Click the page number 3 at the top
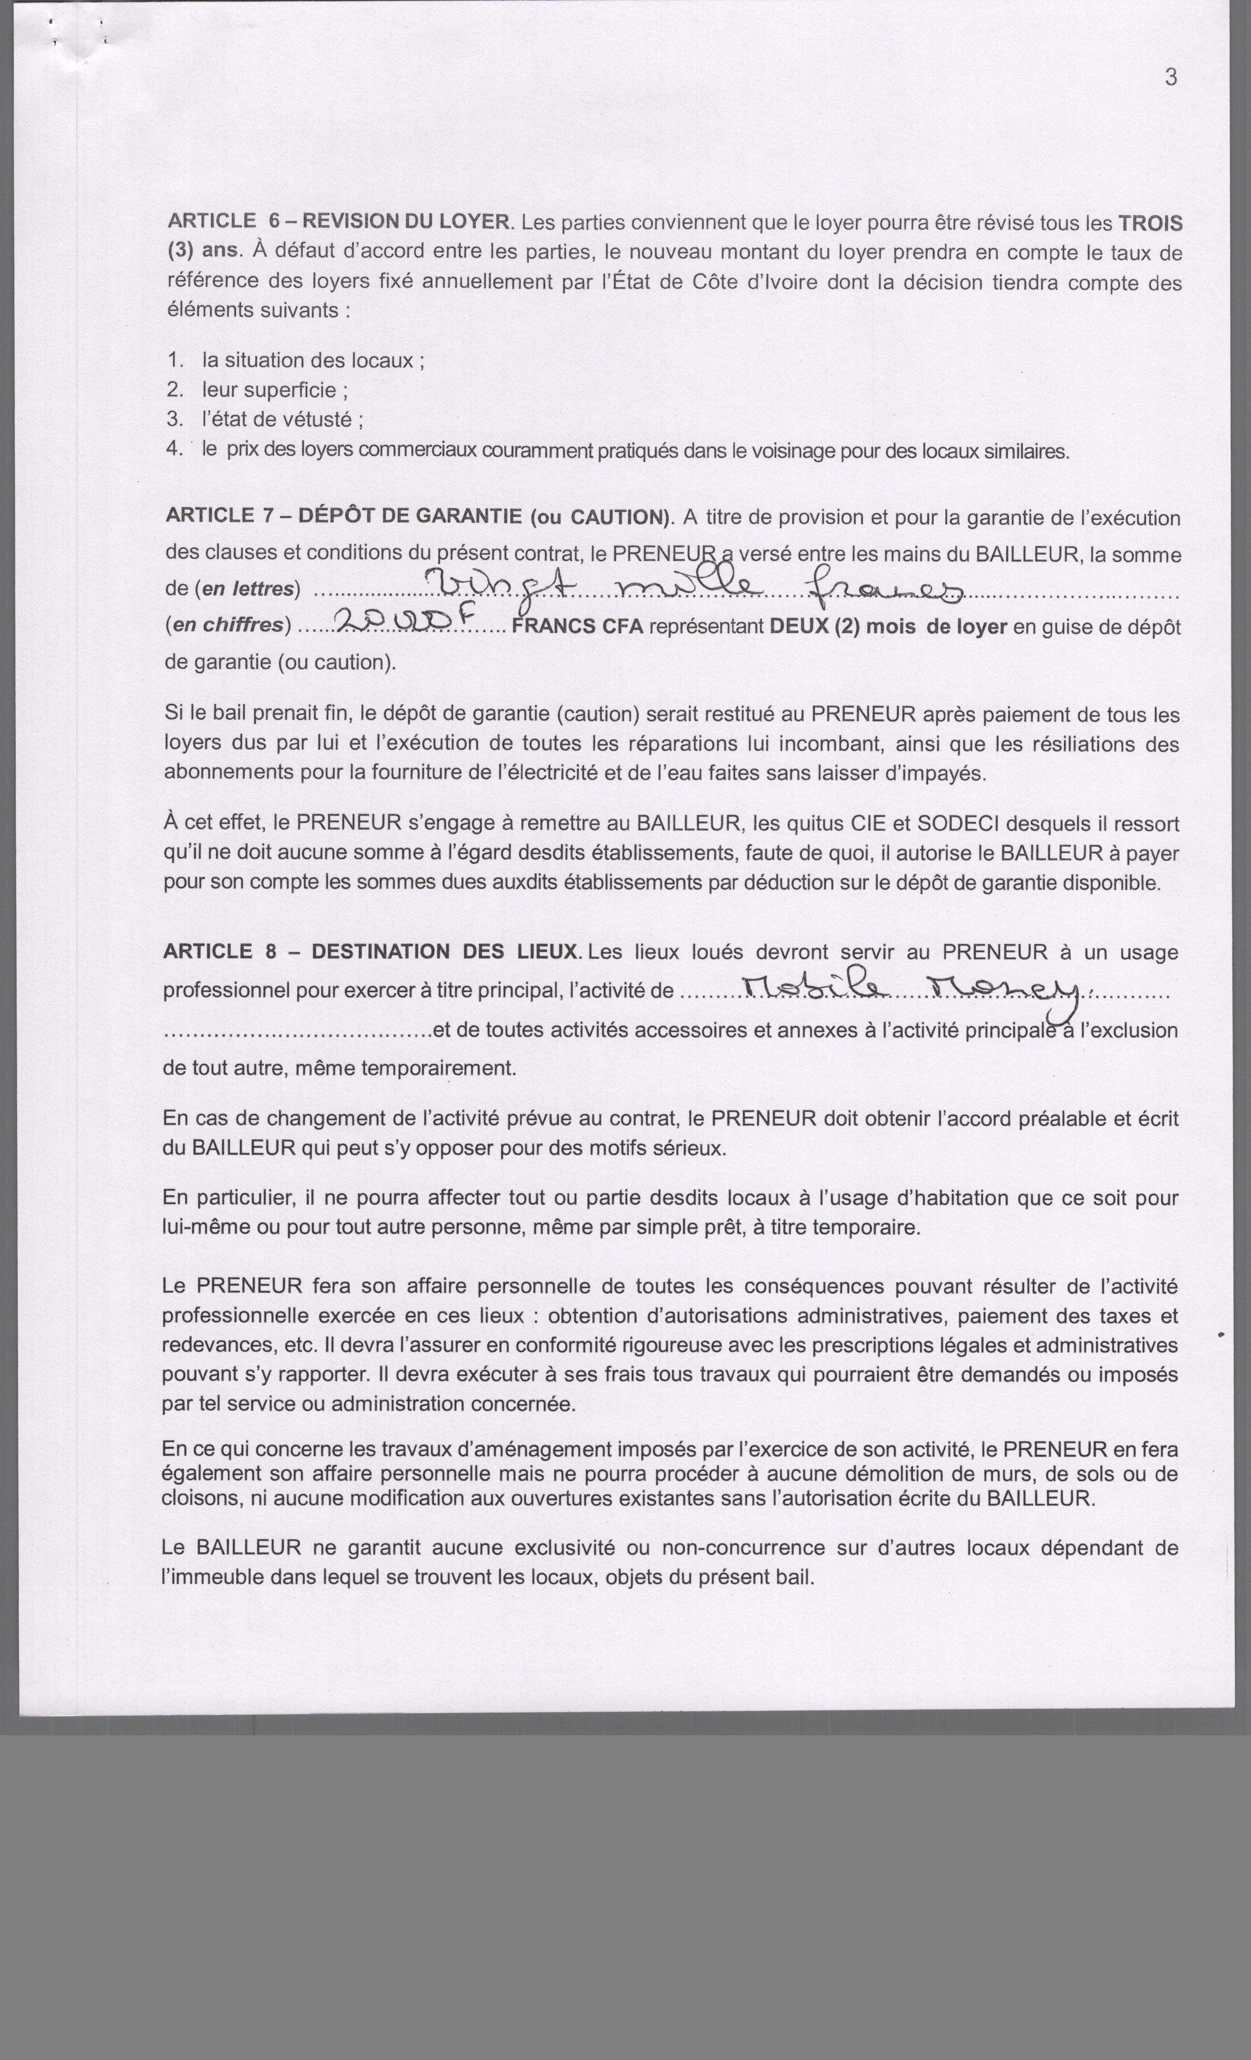click(x=1171, y=77)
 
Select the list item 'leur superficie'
click(x=274, y=389)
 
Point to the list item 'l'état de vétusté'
click(x=281, y=419)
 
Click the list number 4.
click(x=174, y=449)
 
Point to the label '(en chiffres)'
click(x=228, y=625)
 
